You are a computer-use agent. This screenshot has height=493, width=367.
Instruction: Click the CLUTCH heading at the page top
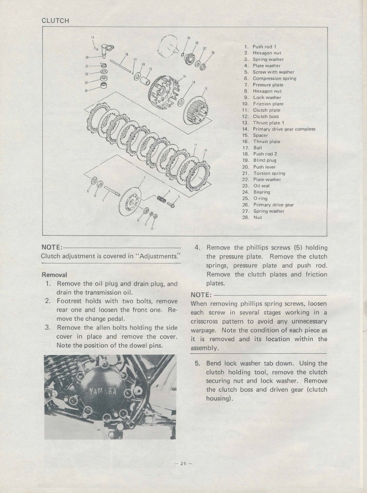(x=55, y=21)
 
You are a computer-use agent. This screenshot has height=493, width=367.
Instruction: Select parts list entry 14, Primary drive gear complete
(x=283, y=129)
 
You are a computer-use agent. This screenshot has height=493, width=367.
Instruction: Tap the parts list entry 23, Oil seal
(x=261, y=186)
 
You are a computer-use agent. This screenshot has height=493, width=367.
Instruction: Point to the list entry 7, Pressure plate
(x=268, y=85)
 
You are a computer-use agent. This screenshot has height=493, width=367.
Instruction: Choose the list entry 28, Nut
(x=258, y=217)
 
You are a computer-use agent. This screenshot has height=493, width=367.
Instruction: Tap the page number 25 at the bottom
(x=181, y=463)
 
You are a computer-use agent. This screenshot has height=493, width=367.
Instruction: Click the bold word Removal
(x=54, y=274)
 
